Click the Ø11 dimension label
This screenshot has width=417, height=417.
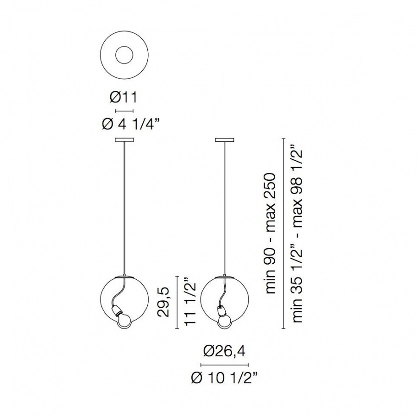(x=124, y=97)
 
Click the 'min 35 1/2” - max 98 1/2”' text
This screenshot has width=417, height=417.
(x=297, y=234)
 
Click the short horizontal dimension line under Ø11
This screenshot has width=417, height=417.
(x=124, y=111)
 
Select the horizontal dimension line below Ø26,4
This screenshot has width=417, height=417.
(x=224, y=365)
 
